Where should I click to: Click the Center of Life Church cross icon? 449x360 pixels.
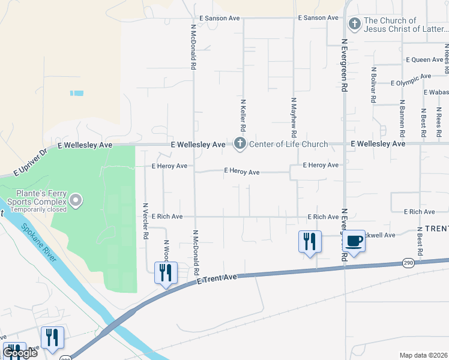(x=240, y=143)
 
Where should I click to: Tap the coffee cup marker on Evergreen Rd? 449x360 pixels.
(x=354, y=241)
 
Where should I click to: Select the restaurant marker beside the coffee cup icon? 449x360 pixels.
(x=310, y=241)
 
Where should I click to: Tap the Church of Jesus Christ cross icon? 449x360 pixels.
(x=354, y=24)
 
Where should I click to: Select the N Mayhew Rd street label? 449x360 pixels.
(x=294, y=115)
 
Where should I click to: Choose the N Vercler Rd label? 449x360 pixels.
(x=145, y=221)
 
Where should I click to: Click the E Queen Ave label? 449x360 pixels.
(x=424, y=60)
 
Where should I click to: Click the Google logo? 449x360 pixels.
(x=20, y=353)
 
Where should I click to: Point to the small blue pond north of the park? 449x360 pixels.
(x=77, y=93)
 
